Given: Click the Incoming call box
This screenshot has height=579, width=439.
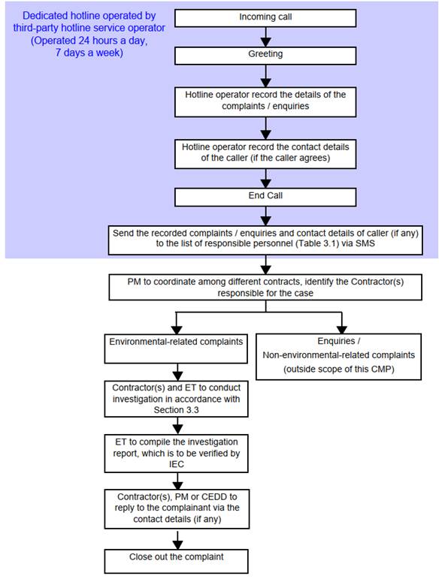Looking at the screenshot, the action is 265,18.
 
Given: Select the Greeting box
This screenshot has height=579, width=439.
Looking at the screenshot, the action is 265,56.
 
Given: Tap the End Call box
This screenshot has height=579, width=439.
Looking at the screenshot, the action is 265,198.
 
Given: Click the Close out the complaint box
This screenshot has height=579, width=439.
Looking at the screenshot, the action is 176,561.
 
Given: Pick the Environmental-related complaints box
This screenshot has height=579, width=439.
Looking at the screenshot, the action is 176,348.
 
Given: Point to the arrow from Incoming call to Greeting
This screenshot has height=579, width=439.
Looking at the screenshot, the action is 265,37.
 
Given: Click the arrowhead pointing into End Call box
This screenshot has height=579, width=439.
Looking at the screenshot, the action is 265,183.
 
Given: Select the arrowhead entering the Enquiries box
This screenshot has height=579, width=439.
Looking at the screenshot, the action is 342,330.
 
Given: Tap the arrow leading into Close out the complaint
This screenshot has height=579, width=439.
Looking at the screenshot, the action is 177,540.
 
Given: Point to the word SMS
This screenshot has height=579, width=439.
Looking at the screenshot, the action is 365,244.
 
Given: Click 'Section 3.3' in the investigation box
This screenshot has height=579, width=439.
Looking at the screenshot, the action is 176,410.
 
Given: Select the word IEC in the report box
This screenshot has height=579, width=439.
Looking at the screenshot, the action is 176,464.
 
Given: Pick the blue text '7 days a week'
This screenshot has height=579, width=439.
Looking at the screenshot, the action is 89,53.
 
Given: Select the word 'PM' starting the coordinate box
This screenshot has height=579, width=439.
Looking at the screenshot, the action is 134,282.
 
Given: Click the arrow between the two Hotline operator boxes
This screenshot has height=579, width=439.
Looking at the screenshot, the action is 265,128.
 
